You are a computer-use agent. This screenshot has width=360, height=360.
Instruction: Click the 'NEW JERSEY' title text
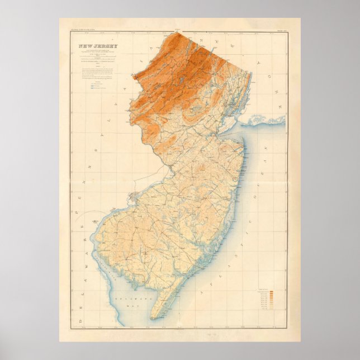click(94, 46)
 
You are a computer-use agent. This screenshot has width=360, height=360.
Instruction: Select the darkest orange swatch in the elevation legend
click(271, 292)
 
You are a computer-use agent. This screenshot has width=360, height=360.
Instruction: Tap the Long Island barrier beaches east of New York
click(268, 119)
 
